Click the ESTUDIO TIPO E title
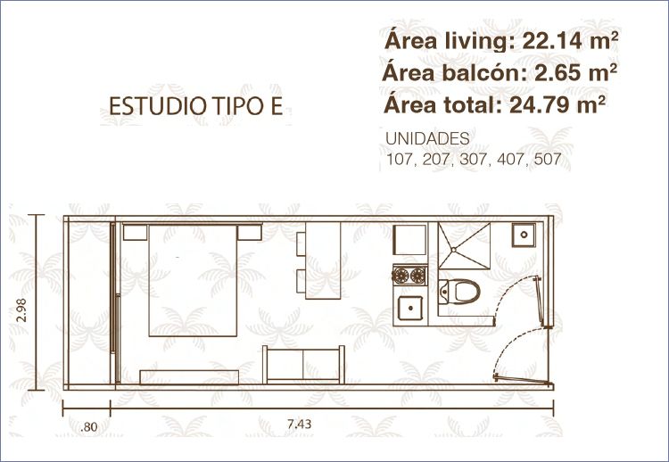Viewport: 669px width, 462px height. (196, 106)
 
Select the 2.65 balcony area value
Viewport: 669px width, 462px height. (559, 73)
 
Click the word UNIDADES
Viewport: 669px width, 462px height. (427, 138)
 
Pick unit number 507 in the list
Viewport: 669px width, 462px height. (547, 160)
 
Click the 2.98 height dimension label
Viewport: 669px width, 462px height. (21, 309)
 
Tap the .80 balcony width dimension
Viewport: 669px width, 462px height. (88, 426)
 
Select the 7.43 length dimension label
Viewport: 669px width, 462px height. (299, 424)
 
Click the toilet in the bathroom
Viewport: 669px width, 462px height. (459, 292)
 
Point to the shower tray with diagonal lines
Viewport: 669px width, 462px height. (464, 246)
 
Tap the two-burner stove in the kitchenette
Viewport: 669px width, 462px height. (409, 275)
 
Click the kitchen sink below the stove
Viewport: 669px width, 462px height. (410, 308)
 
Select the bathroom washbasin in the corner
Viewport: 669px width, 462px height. (524, 235)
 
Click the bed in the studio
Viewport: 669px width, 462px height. (193, 280)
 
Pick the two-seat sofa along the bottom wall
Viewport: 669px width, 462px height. (303, 365)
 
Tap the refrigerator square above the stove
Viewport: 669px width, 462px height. (409, 240)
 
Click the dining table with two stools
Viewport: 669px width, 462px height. (323, 260)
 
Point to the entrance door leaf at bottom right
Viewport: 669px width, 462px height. (522, 380)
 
